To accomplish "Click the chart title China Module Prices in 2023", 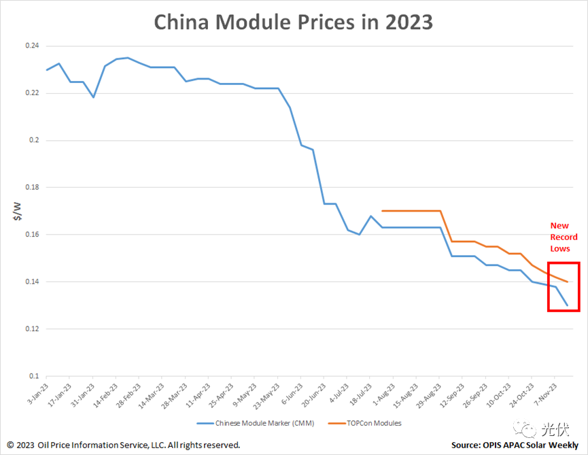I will (293, 22).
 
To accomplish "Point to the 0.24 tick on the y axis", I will (31, 46).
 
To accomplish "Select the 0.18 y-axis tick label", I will (31, 188).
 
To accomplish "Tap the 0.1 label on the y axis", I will (34, 376).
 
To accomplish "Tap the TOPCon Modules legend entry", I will (375, 423).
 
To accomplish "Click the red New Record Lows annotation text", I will (564, 237).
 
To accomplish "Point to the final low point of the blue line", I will (567, 305).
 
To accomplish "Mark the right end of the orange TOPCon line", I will (567, 282).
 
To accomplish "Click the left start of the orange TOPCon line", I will (383, 211).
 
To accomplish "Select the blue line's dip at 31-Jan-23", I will (93, 97).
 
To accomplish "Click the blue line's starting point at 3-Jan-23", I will (46, 70).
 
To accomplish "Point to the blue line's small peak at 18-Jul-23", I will (370, 216).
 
